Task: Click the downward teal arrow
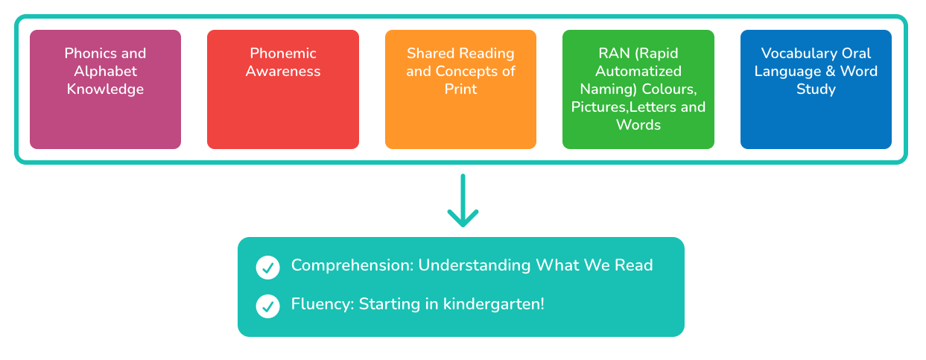point(463,201)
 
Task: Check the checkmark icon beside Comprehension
point(267,268)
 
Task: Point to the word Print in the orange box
point(460,89)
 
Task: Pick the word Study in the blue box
point(816,89)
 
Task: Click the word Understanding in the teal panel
point(472,265)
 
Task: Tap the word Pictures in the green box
point(600,107)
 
